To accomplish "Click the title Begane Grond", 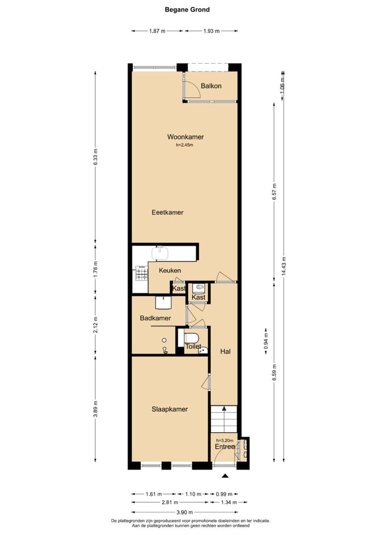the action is [x=187, y=9].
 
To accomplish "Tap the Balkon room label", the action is [x=211, y=86].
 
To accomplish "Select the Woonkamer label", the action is [x=185, y=137].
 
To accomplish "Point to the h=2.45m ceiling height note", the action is [x=185, y=145].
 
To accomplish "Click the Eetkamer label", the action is [x=167, y=212].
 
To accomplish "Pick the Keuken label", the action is [x=170, y=270].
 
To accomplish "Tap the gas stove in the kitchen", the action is [x=142, y=273].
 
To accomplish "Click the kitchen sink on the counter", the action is [x=159, y=253].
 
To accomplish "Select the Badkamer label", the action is [x=155, y=318].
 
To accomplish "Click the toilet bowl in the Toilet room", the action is [x=192, y=338].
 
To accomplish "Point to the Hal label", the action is [x=225, y=352].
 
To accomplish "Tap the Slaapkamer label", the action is [x=169, y=409].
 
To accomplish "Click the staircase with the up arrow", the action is [x=224, y=419].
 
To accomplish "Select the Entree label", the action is [x=225, y=447].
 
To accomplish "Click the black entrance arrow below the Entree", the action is [x=225, y=476].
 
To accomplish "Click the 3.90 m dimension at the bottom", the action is [x=185, y=512].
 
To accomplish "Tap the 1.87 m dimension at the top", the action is [x=157, y=31].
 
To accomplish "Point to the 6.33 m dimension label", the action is [x=95, y=157].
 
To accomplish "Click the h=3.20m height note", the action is [x=225, y=440].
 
